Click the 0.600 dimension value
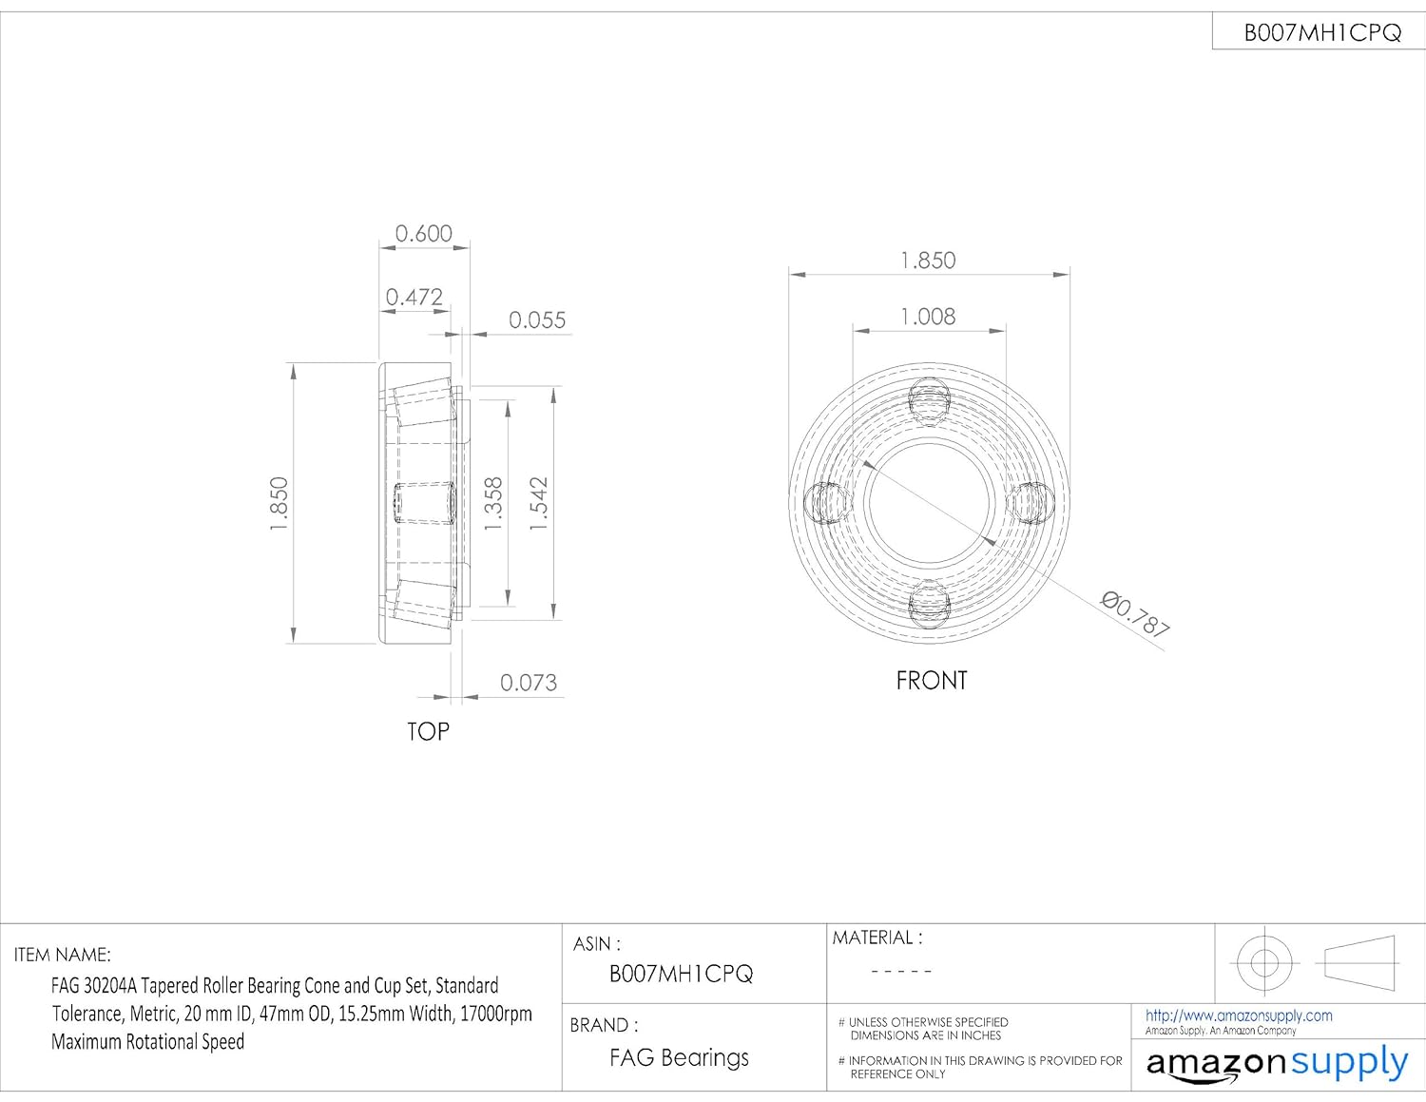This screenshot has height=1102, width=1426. click(423, 234)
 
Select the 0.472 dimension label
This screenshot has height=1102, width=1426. click(414, 298)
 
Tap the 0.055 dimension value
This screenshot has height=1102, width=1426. click(537, 320)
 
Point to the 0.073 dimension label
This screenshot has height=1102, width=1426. click(529, 684)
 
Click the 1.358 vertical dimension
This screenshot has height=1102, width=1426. click(492, 504)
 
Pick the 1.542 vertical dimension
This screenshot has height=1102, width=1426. click(539, 504)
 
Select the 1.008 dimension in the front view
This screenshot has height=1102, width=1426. click(927, 317)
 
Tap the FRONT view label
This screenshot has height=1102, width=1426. click(932, 681)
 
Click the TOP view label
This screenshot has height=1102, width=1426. click(428, 732)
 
